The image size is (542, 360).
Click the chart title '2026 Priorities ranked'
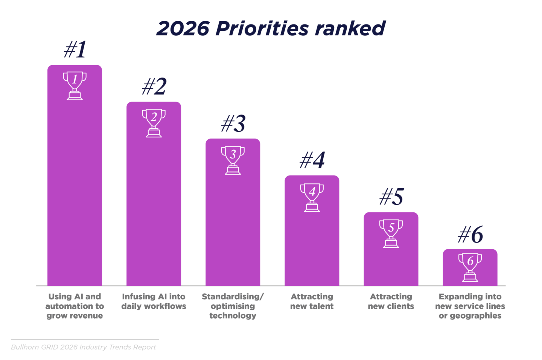point(271,29)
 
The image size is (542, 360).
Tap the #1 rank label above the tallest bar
point(75,50)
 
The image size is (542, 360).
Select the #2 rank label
point(154,87)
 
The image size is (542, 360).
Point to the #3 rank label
point(233,124)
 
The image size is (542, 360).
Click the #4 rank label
point(312,160)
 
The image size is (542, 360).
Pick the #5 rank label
point(391,197)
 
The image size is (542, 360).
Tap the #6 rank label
point(470,235)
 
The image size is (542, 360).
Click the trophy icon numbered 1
point(75,85)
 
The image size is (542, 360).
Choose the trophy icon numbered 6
point(470,267)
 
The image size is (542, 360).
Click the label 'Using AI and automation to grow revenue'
point(75,306)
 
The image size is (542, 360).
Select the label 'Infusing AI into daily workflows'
point(154,301)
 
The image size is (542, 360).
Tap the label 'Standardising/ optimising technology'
point(233,306)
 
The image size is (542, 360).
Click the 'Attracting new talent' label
point(312,301)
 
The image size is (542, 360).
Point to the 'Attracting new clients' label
point(391,301)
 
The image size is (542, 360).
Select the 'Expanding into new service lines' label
point(470,306)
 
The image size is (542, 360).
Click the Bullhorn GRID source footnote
point(83,347)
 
